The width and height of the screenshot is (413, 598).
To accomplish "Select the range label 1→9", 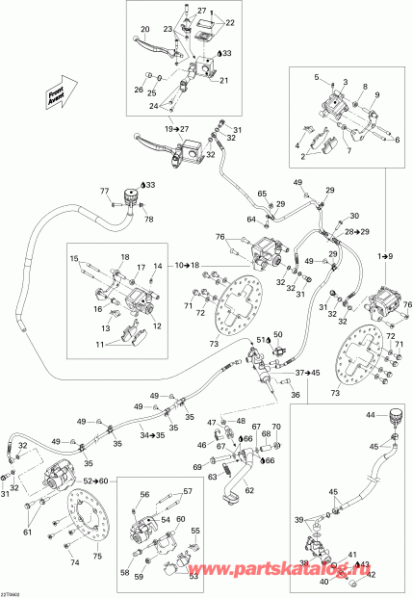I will click(384, 255).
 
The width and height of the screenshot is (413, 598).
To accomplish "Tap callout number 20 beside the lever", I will click(145, 30).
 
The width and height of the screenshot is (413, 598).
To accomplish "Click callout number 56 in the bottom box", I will click(146, 496).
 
